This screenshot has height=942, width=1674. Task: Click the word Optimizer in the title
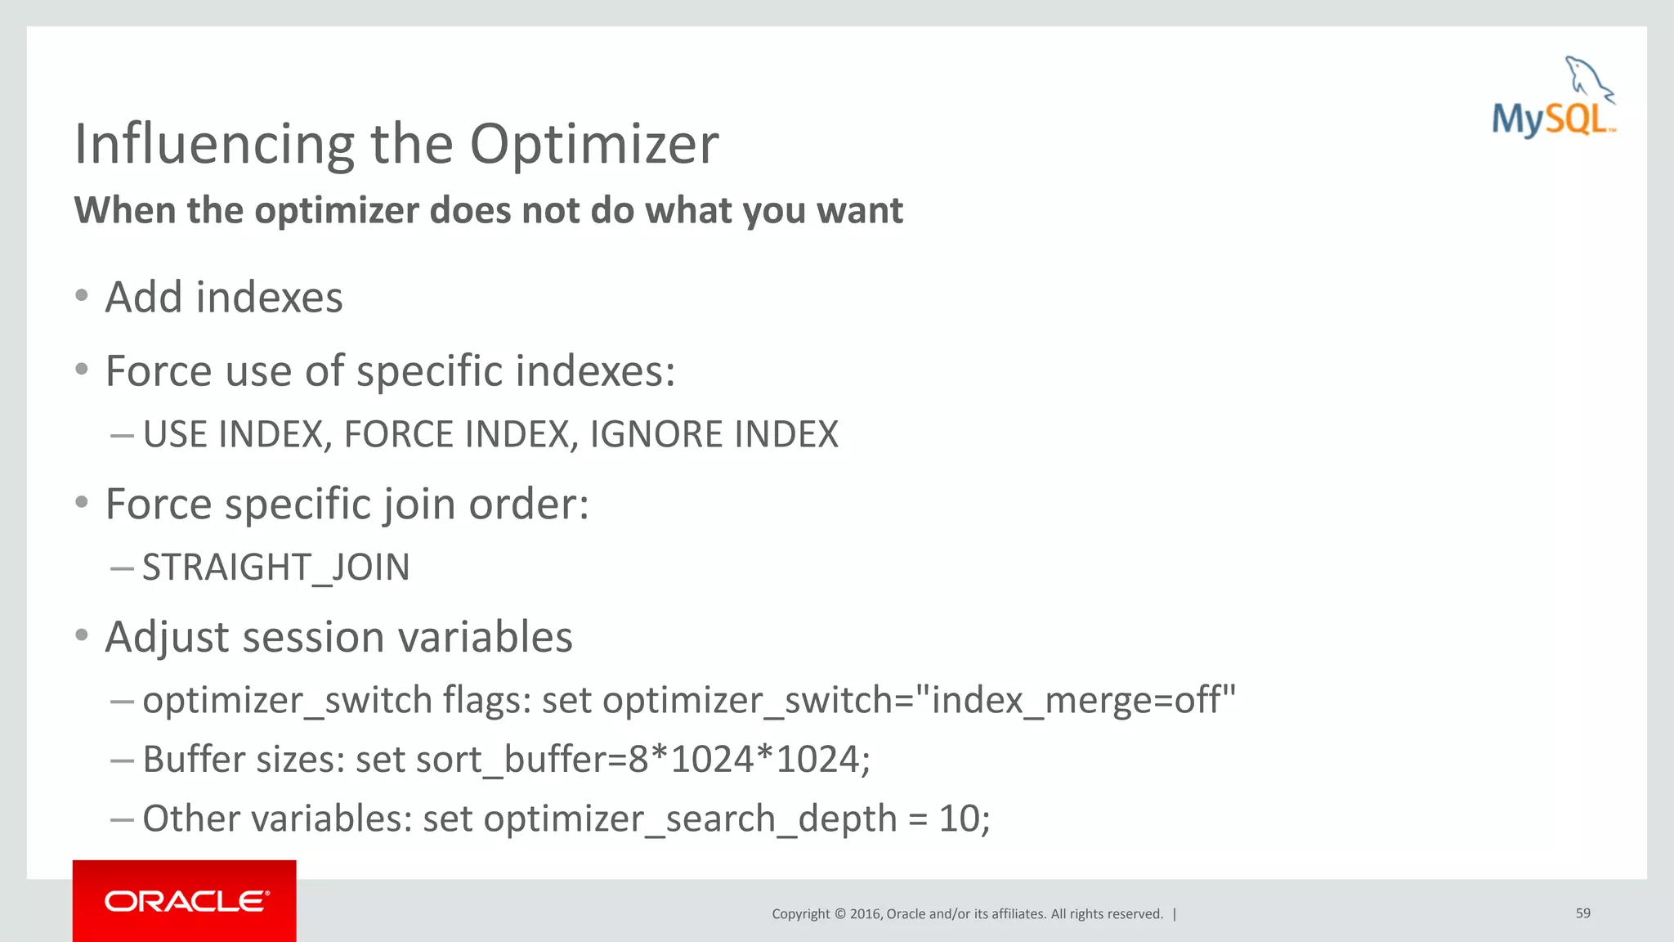(593, 145)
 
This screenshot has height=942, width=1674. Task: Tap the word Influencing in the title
(214, 145)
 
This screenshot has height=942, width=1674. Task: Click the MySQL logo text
(1551, 119)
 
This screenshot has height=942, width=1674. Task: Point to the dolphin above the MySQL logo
(1587, 78)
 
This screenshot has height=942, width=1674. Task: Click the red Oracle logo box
(184, 900)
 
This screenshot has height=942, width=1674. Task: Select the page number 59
(1582, 913)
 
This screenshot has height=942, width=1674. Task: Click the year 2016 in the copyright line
(865, 913)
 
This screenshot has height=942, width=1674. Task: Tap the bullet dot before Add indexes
(81, 296)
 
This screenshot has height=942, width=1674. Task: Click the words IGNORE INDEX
(714, 434)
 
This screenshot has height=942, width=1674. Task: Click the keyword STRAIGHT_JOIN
(275, 567)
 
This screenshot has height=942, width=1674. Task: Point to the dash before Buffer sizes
(122, 760)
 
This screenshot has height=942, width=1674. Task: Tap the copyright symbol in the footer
(839, 913)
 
